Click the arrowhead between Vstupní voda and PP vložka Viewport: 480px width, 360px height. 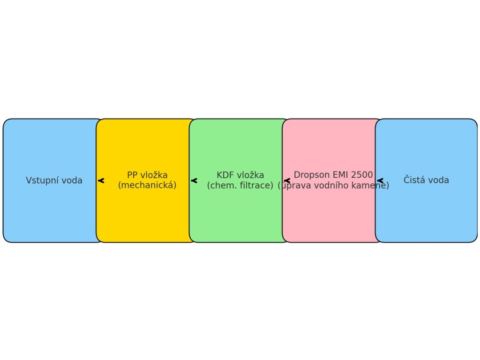point(101,180)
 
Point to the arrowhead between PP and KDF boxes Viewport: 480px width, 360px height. point(194,180)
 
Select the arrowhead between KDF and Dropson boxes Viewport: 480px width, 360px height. point(286,180)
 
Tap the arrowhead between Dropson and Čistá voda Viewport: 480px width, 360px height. point(380,180)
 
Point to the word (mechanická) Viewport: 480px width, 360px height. point(147,185)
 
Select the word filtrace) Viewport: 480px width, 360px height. point(256,186)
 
